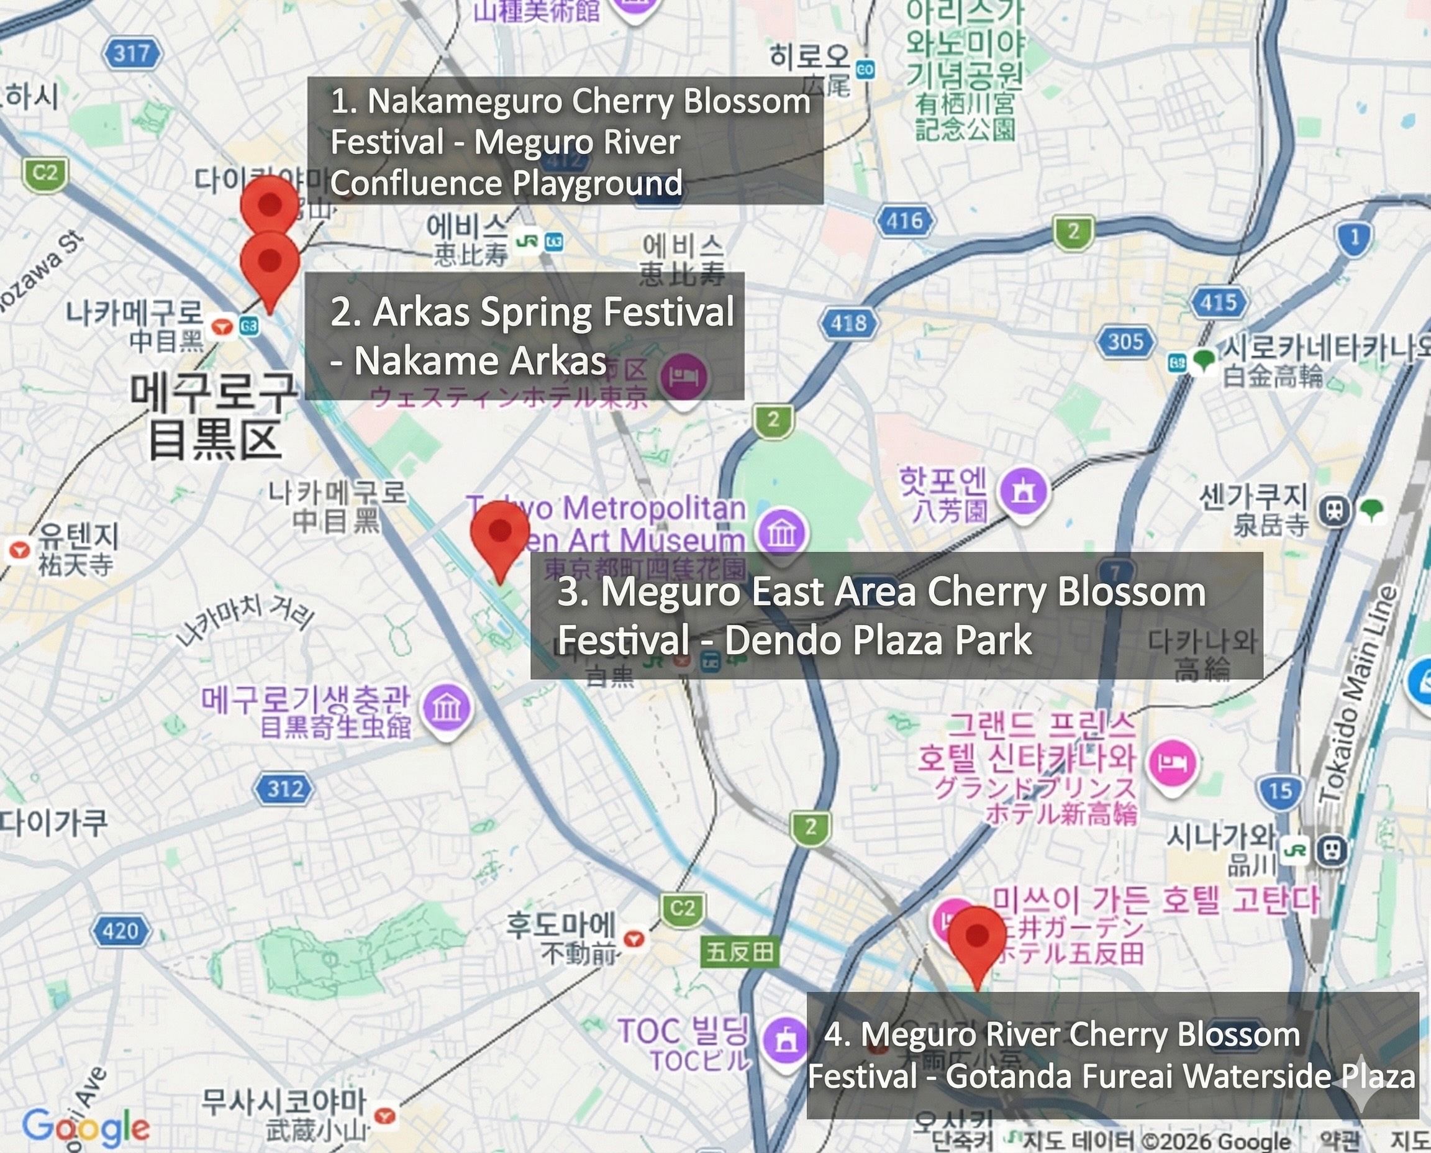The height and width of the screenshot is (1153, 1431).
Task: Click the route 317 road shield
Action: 132,54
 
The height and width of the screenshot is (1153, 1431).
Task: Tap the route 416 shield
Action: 905,221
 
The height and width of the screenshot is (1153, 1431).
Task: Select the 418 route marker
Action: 848,324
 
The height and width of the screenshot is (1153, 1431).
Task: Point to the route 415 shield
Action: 1219,302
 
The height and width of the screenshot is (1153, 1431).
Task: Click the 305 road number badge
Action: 1126,342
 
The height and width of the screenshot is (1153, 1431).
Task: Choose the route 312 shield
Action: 285,789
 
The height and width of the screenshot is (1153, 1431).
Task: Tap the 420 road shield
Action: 120,931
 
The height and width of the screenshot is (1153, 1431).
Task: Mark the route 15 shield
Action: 1280,790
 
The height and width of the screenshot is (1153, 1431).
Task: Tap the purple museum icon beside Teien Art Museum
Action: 782,532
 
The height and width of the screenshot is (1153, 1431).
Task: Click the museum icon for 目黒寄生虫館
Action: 447,709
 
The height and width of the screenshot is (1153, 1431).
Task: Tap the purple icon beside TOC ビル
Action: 786,1041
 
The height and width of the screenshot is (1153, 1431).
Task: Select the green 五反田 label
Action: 740,952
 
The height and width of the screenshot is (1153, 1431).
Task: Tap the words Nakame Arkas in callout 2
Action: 480,362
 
